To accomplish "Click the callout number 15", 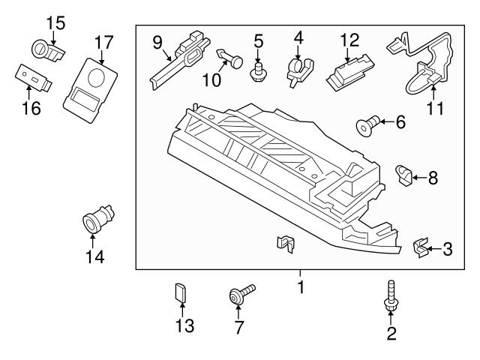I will (55, 22).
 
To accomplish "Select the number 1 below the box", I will (300, 287).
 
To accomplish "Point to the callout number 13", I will (184, 326).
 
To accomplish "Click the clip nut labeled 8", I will (404, 177).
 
